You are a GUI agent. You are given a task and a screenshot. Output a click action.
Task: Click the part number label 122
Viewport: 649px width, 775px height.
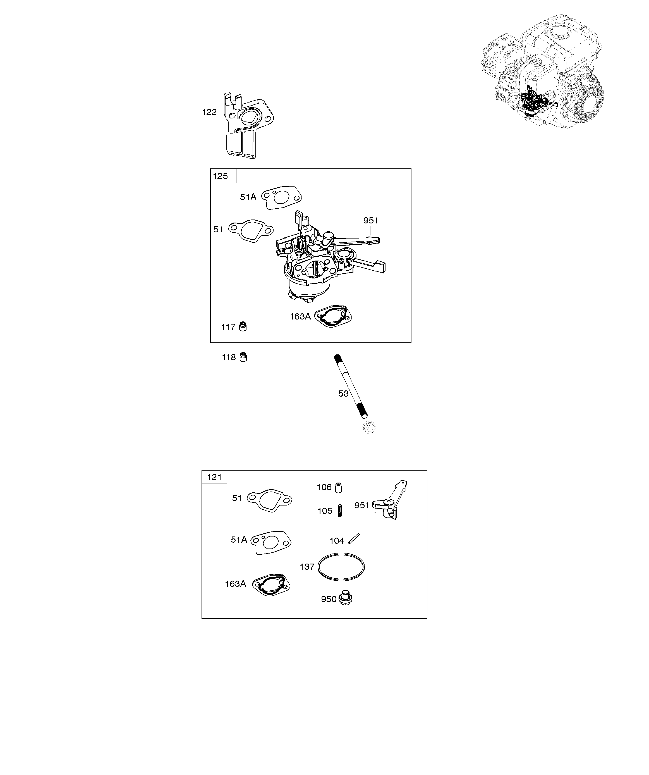(x=209, y=112)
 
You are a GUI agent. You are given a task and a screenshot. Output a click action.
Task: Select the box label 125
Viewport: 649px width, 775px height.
(x=221, y=176)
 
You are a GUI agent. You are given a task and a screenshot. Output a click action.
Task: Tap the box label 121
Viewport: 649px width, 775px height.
(x=214, y=477)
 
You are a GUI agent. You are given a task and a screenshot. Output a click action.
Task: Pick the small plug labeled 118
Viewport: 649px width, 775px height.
(x=243, y=357)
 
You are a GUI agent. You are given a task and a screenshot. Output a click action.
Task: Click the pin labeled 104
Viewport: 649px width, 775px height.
(x=354, y=539)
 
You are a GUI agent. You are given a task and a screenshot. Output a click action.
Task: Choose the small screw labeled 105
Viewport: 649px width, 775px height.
(x=340, y=511)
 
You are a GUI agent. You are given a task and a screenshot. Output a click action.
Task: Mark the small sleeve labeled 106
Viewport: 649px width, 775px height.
(x=338, y=488)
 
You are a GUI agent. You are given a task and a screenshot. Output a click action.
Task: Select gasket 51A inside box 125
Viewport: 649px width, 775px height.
(x=282, y=197)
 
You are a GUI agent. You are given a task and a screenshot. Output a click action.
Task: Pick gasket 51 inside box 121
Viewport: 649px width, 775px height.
(x=270, y=500)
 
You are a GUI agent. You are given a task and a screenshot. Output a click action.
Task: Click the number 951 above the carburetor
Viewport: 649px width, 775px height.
(x=370, y=221)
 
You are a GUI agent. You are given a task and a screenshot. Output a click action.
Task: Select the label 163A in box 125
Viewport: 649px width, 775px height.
(x=300, y=317)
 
